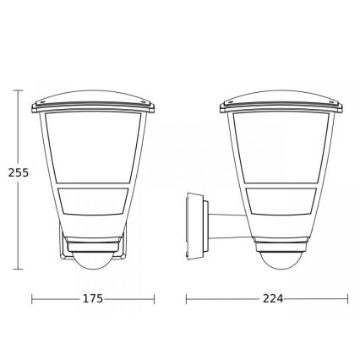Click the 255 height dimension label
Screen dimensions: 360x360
click(19, 172)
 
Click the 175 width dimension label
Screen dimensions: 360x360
click(93, 298)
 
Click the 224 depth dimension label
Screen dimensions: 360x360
click(273, 298)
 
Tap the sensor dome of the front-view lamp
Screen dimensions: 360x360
click(92, 261)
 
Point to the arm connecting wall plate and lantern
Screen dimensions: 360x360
click(230, 227)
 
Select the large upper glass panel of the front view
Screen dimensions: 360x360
click(93, 147)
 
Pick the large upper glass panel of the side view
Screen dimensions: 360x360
click(281, 147)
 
